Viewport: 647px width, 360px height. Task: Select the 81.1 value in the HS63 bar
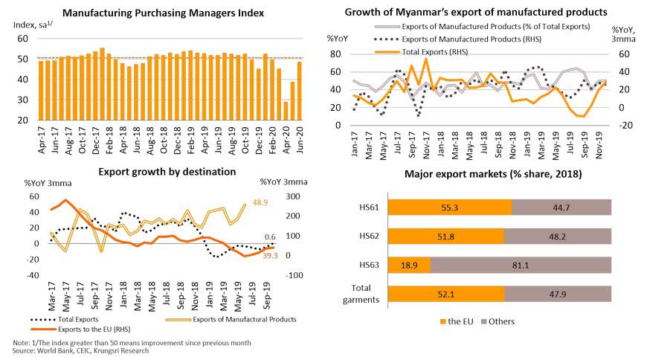520,265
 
